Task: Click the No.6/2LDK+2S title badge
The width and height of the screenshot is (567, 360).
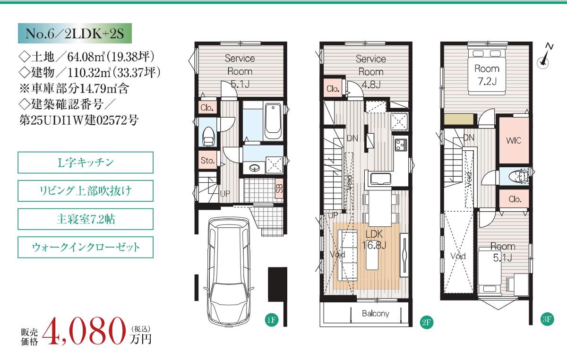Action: [x=75, y=33]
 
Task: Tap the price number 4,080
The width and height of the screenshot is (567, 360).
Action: [x=84, y=331]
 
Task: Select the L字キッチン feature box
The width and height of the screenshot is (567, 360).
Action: [x=86, y=163]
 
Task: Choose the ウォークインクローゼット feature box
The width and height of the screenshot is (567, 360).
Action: [x=86, y=248]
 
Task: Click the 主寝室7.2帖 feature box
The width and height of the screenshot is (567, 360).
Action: [x=86, y=219]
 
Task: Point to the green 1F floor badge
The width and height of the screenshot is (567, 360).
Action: [x=272, y=320]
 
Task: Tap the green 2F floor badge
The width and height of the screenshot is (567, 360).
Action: [x=426, y=322]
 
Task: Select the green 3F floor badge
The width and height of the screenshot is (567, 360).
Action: [x=547, y=319]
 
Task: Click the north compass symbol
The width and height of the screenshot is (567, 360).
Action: [x=544, y=57]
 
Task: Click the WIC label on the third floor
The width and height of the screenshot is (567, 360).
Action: [x=514, y=140]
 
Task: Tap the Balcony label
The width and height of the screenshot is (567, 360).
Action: [x=375, y=313]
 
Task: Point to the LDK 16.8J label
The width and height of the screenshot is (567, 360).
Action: [x=374, y=240]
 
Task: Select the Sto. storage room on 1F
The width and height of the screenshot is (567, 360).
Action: [x=207, y=160]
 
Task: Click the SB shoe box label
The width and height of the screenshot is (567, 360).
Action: [x=279, y=188]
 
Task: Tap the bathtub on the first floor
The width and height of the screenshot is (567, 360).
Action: [x=273, y=121]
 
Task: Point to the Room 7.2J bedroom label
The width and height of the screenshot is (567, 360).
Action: [x=487, y=75]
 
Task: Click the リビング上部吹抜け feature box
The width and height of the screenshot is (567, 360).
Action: [x=86, y=191]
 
